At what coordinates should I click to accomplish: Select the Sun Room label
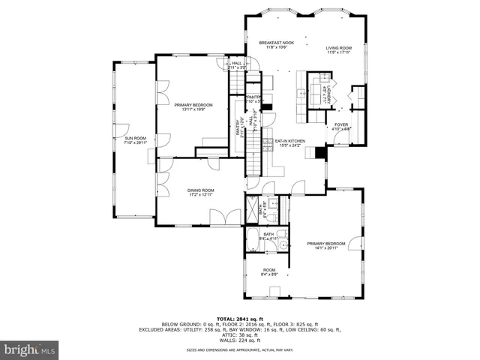click(135, 141)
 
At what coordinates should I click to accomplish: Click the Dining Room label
click(201, 193)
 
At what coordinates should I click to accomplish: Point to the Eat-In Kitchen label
click(289, 142)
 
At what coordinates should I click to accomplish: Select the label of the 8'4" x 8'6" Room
click(269, 271)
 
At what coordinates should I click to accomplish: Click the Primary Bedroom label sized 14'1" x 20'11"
click(325, 245)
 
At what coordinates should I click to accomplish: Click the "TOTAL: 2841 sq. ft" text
click(239, 318)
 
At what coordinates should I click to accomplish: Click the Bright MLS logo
click(30, 349)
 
